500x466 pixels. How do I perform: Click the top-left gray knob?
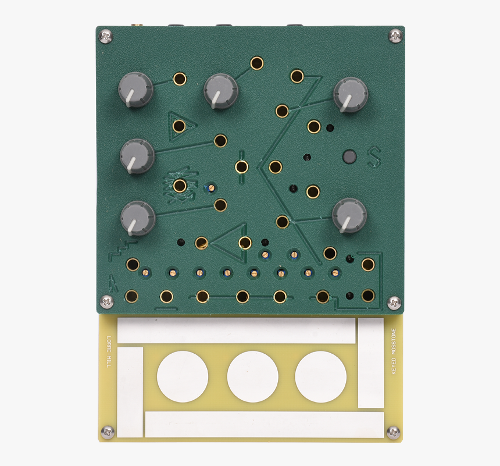coord(135,89)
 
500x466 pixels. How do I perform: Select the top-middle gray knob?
coord(221,91)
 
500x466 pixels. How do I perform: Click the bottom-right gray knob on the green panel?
coord(349,215)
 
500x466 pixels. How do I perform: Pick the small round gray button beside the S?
coord(350,156)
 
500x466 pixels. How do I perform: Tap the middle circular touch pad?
coord(252,377)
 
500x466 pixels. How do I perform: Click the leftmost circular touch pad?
coord(183,377)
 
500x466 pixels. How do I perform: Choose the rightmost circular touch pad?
coord(321,376)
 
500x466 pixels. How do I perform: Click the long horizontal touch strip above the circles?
coord(236,330)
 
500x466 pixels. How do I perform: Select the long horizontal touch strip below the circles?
coord(264,424)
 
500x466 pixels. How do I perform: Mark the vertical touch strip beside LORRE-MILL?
coord(130,392)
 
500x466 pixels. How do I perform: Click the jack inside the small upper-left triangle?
coord(179,126)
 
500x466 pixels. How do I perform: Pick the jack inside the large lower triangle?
coord(245,243)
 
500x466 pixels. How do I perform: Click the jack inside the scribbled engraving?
coord(180,186)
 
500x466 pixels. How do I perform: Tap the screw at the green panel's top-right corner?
coord(395,35)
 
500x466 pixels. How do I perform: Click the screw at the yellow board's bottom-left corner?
coord(107,432)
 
